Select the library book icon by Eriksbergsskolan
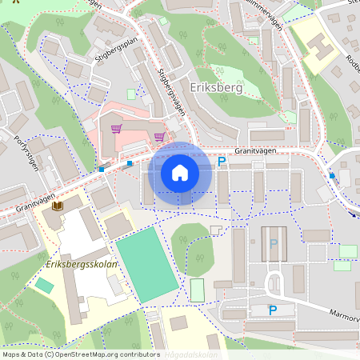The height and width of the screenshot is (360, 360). [57, 206]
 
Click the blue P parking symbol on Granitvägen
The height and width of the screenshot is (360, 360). [222, 162]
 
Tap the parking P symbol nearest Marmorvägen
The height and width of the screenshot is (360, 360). [272, 310]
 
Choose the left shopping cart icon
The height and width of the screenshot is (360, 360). [117, 128]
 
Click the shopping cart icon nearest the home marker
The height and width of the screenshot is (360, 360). [159, 136]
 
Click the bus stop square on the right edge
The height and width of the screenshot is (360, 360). [332, 174]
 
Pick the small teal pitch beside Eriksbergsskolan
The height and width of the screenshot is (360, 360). [45, 285]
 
